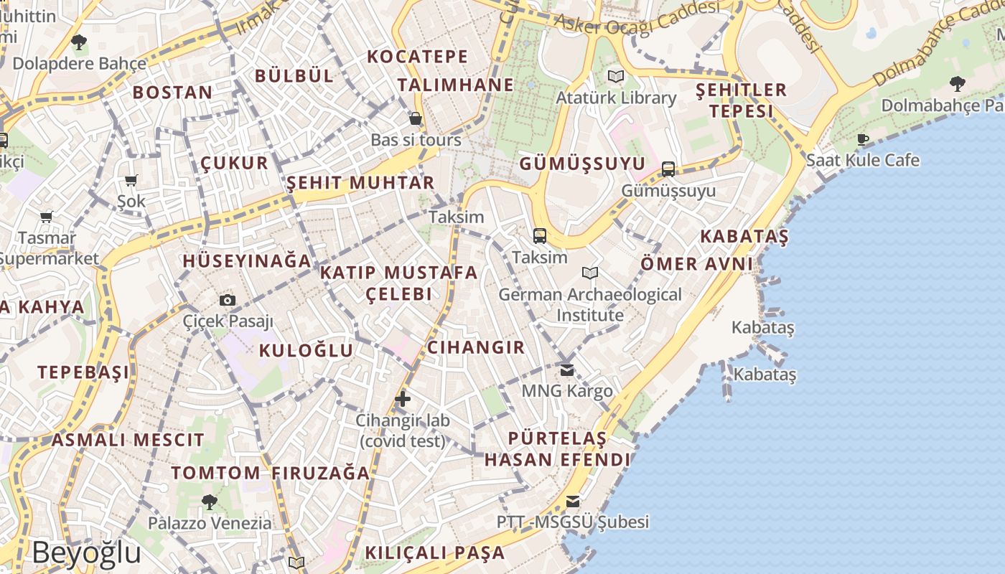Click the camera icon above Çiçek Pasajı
tap(227, 300)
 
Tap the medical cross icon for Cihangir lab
tap(403, 399)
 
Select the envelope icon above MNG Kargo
tap(567, 370)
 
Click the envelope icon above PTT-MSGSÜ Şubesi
tap(573, 502)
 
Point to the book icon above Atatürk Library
tap(615, 76)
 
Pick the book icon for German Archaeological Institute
tap(590, 273)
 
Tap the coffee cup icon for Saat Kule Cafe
tap(863, 139)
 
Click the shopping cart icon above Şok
tap(131, 181)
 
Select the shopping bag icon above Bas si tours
tap(415, 118)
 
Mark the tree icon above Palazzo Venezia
tap(210, 502)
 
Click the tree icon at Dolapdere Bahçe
tap(79, 42)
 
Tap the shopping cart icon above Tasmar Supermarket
tap(47, 217)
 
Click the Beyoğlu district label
tap(86, 553)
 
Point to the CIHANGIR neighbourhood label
tap(476, 347)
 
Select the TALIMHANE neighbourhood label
tap(456, 85)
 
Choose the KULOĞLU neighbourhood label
tap(306, 350)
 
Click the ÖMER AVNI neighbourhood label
tap(696, 263)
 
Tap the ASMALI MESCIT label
tap(128, 439)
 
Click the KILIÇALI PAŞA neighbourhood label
tap(435, 552)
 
